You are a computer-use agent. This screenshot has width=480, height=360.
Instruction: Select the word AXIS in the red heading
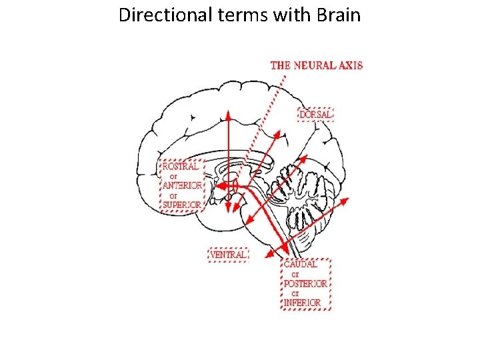[351, 65]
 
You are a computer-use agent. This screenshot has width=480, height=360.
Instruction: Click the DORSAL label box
[315, 115]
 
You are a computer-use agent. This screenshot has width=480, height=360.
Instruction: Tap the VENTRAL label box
[228, 255]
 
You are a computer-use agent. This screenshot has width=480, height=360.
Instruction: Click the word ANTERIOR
[181, 185]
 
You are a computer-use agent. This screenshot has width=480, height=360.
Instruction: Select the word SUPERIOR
[181, 205]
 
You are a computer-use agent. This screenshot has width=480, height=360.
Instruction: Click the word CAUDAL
[301, 264]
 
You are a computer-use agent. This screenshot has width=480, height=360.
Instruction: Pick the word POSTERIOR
[306, 283]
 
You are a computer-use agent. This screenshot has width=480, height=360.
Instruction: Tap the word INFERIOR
[303, 303]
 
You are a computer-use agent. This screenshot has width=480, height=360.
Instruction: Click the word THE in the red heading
[280, 65]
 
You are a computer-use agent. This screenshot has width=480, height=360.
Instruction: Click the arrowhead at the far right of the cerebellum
[346, 199]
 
